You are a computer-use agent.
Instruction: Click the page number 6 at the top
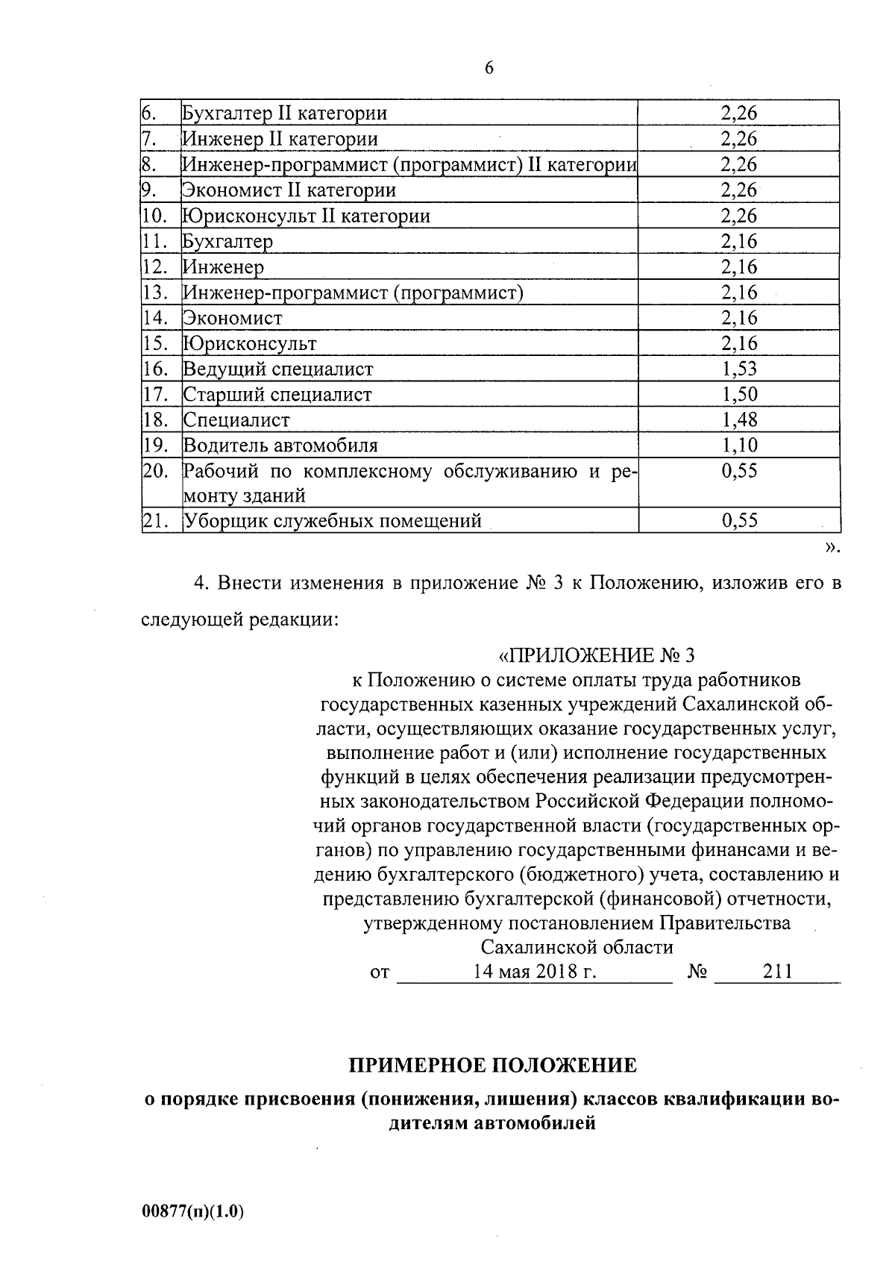point(489,68)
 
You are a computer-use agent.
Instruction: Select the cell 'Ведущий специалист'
point(278,369)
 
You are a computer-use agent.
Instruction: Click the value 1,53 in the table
point(738,369)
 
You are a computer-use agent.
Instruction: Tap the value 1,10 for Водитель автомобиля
point(738,446)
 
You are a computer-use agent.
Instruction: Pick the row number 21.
point(153,521)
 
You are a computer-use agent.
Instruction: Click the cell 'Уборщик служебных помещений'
point(332,521)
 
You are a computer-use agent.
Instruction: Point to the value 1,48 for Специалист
point(738,420)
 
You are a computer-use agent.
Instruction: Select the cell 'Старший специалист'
point(277,394)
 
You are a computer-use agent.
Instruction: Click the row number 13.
point(153,293)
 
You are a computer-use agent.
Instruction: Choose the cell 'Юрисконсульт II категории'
point(307,216)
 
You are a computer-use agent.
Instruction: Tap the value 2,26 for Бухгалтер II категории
point(738,113)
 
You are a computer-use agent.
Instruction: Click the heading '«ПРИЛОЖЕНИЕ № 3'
point(596,655)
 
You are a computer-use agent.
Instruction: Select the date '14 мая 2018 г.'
point(534,972)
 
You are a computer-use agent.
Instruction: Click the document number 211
point(777,971)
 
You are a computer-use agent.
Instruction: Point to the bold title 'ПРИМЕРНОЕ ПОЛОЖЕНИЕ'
point(493,1065)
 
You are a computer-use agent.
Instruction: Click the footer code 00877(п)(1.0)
point(192,1212)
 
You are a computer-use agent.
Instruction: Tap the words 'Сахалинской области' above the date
point(577,948)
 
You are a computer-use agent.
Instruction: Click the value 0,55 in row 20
point(738,471)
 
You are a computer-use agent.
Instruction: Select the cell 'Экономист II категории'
point(289,190)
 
